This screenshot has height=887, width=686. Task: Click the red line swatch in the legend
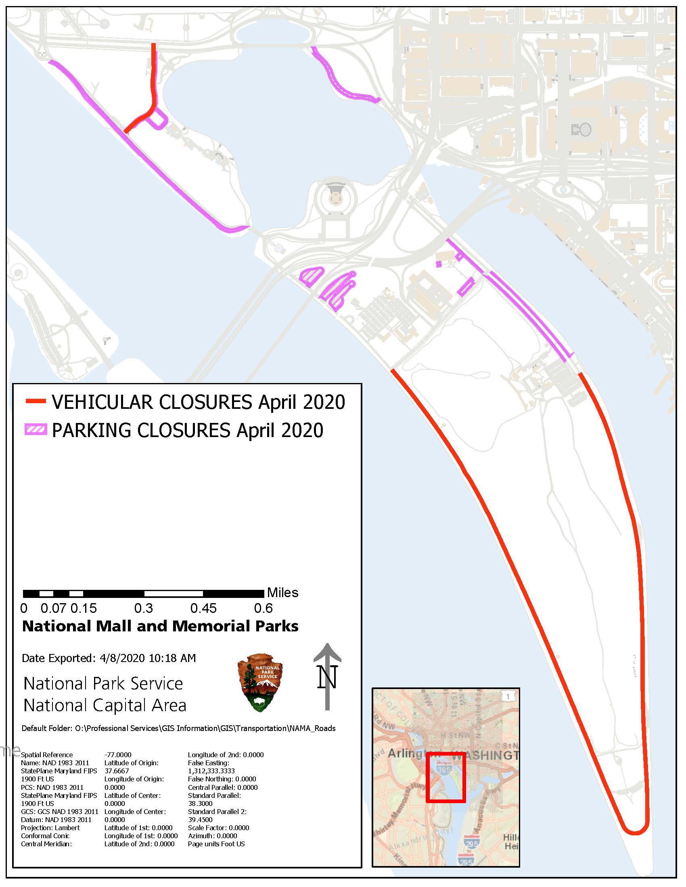tap(36, 402)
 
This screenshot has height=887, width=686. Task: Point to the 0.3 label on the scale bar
tap(144, 608)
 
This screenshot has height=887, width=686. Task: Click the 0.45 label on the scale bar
tap(203, 608)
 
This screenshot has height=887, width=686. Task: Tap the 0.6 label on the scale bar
tap(263, 608)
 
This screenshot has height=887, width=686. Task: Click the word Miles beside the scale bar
tap(282, 593)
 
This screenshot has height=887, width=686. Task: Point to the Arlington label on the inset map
tap(406, 754)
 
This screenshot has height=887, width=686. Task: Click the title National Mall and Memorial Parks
tap(160, 626)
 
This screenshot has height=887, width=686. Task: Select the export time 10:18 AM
tap(172, 658)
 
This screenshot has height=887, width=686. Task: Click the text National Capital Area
tap(105, 706)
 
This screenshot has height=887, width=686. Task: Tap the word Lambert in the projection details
tap(67, 828)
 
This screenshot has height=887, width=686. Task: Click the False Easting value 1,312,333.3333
tap(211, 771)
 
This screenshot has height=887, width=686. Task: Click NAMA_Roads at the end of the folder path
tap(312, 729)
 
